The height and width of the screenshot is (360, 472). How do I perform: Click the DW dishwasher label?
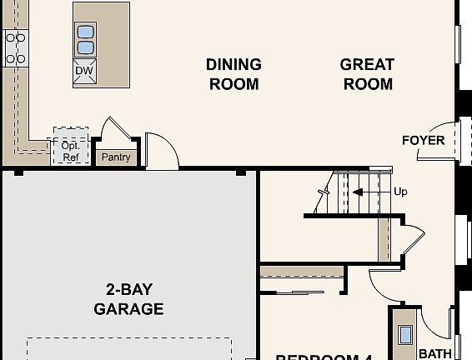coord(84,71)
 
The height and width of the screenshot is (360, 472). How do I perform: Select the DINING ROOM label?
coord(233,74)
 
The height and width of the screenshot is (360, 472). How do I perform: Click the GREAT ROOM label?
coord(367,74)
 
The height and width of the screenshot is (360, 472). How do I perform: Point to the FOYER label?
coord(424,140)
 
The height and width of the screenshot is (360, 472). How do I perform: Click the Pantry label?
coord(116,157)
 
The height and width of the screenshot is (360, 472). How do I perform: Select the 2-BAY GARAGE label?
coord(128,299)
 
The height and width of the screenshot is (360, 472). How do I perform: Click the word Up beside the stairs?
coord(400,192)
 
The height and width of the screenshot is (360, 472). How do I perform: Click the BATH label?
coord(434,353)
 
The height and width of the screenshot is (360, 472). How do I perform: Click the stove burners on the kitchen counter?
coord(15,48)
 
